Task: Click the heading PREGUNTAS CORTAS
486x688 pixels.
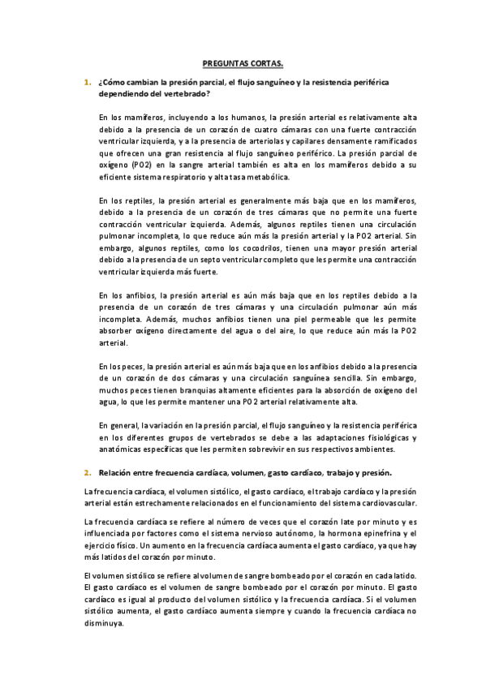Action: [x=243, y=61]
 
